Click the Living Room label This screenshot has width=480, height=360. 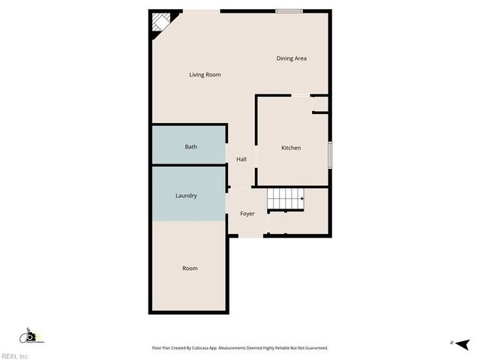(205, 74)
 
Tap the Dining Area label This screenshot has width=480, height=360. (291, 58)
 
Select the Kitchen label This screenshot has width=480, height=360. (291, 148)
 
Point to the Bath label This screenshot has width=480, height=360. (191, 146)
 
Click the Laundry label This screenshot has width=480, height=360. (186, 196)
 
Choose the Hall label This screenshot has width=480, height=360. (241, 159)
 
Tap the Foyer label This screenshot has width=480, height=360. (247, 214)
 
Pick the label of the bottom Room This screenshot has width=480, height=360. (190, 268)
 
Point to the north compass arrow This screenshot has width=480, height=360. (463, 343)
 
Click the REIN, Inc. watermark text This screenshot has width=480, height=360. (15, 355)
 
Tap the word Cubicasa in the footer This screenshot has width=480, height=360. (203, 348)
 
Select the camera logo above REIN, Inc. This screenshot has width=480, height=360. (29, 337)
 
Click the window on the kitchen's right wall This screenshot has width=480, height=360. (330, 154)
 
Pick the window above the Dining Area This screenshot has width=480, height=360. (289, 10)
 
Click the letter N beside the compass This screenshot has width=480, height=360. (451, 343)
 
